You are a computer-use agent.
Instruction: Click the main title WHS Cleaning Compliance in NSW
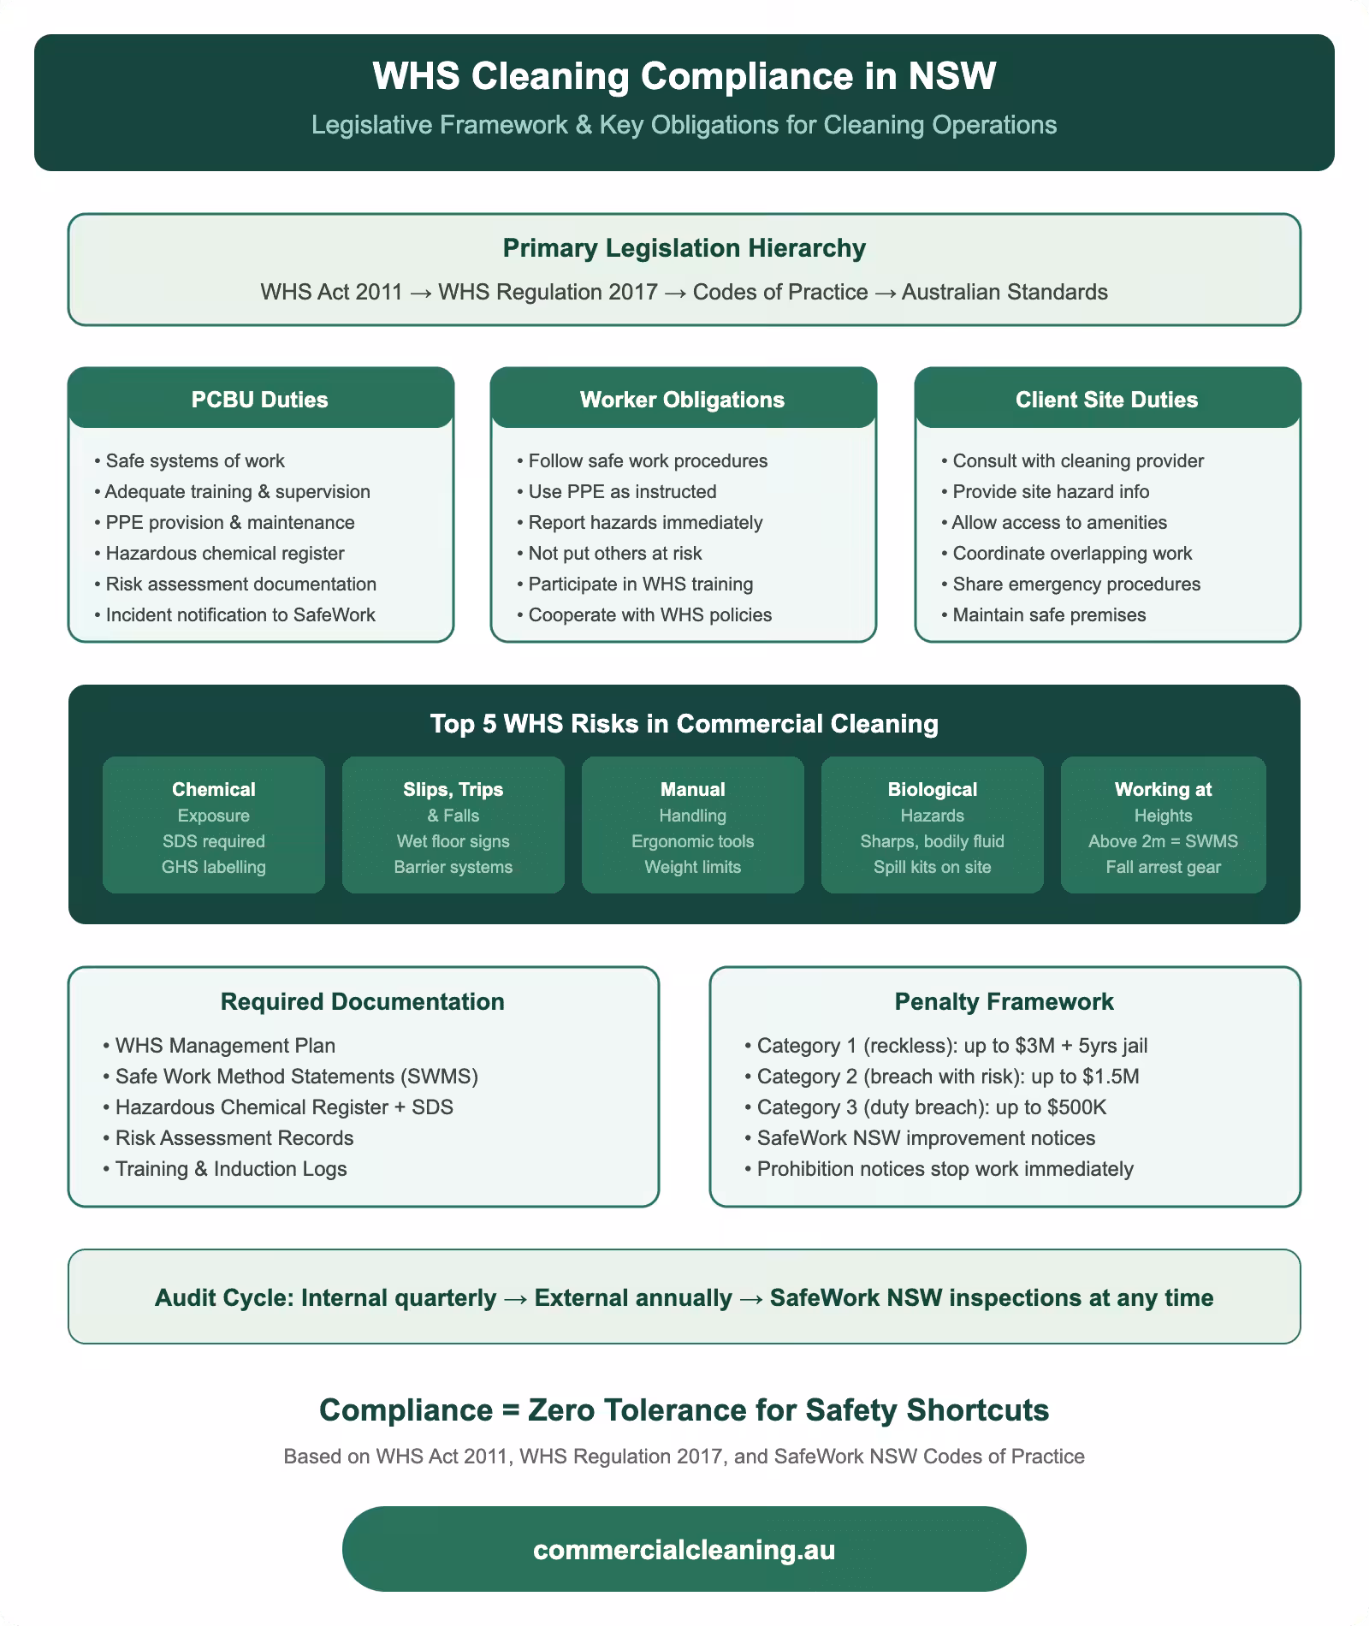click(684, 76)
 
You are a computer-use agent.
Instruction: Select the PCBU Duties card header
click(260, 400)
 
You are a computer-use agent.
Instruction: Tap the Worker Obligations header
click(682, 400)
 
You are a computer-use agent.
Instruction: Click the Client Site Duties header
click(1106, 400)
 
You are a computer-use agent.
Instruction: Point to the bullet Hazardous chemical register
click(224, 554)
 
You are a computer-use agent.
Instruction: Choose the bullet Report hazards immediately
click(645, 523)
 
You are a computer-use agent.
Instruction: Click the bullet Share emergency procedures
click(1076, 585)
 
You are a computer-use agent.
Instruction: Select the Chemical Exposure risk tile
click(214, 825)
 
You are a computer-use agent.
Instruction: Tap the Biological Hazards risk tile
click(932, 825)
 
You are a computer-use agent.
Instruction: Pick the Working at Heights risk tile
click(1163, 825)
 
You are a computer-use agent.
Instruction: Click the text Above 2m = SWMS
click(1163, 841)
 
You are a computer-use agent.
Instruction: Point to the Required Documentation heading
click(363, 1002)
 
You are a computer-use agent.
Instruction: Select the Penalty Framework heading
click(1004, 1002)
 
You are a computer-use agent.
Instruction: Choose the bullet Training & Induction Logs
click(231, 1169)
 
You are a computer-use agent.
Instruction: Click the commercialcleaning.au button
click(684, 1550)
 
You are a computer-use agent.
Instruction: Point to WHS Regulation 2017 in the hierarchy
click(548, 293)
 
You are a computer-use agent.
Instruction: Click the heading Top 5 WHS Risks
click(684, 724)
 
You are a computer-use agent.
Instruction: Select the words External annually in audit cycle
click(633, 1298)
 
